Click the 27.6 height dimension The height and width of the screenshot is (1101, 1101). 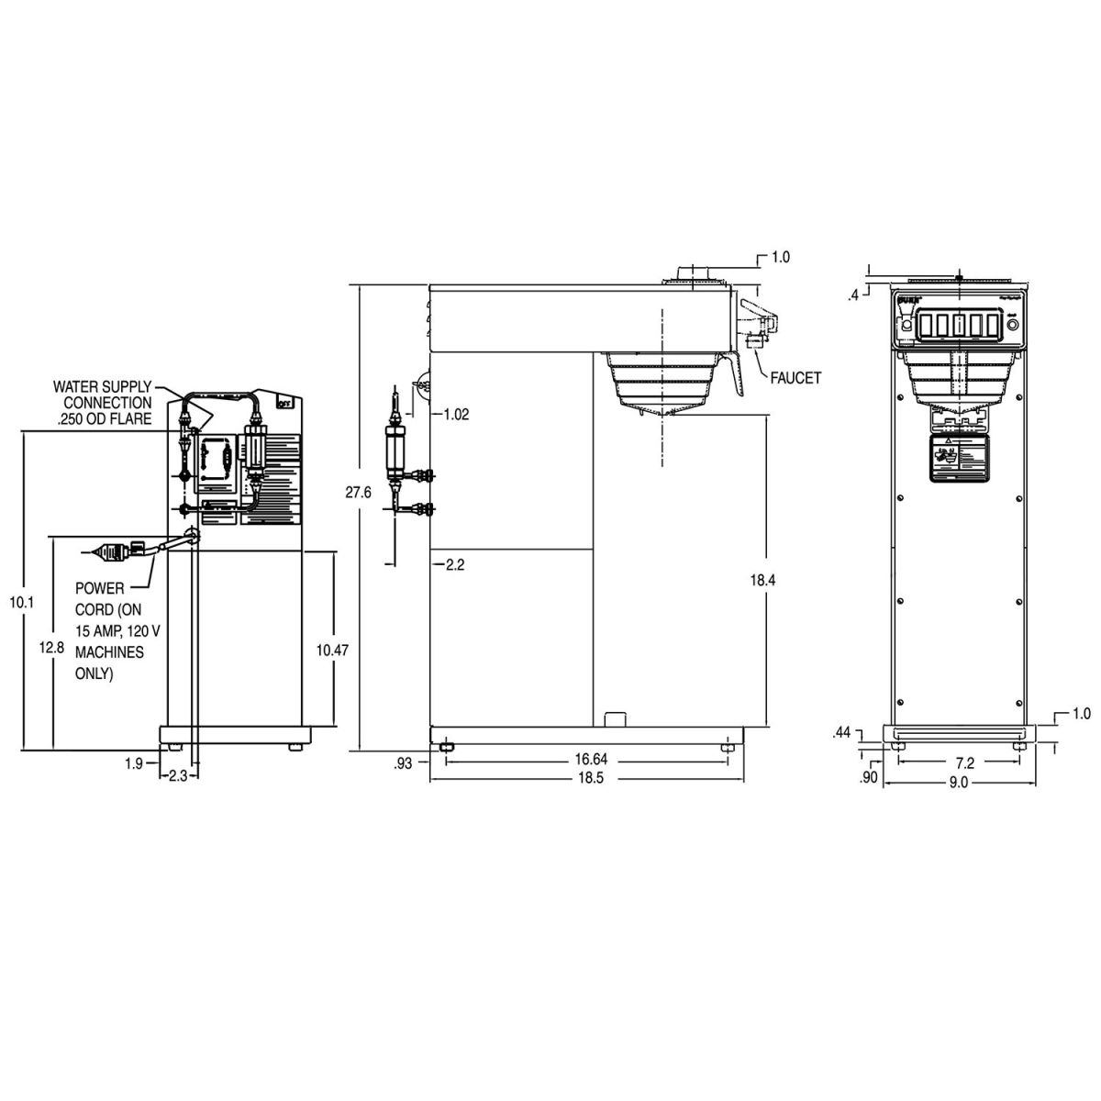click(358, 493)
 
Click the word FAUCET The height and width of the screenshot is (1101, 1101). click(795, 377)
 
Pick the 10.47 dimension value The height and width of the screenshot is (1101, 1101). click(332, 650)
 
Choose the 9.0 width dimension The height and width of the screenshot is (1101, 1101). click(958, 783)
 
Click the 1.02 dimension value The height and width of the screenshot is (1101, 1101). click(455, 414)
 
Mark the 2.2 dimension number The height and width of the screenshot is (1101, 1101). click(455, 564)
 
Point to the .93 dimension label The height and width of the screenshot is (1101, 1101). click(403, 761)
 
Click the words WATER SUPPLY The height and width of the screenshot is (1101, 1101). click(102, 387)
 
